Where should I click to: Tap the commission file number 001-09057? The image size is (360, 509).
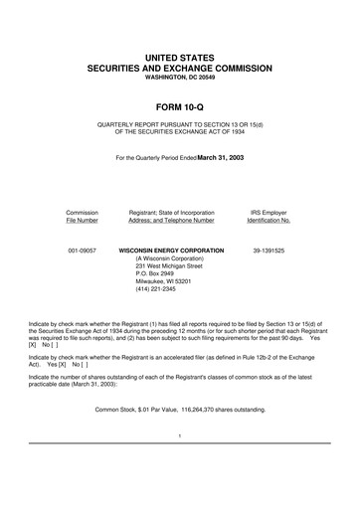tap(82, 252)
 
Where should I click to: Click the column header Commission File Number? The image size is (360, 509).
tap(82, 217)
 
